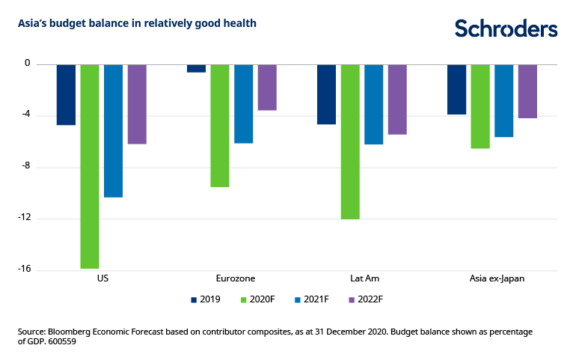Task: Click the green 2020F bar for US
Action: (90, 165)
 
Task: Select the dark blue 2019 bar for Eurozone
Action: (196, 68)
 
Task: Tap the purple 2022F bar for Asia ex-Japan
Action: (527, 91)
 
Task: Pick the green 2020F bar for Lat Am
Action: (350, 141)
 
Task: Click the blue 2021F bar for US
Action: (113, 130)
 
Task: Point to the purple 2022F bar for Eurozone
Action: (267, 87)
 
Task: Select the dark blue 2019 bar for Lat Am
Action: (327, 94)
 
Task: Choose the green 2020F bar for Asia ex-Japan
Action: (480, 106)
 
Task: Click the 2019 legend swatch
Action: (194, 299)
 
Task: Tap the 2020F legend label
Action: (264, 299)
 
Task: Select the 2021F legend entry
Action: (311, 299)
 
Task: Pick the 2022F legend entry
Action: (365, 299)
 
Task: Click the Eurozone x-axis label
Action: (232, 278)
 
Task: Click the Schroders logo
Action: (506, 28)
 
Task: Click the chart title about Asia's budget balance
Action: (138, 23)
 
